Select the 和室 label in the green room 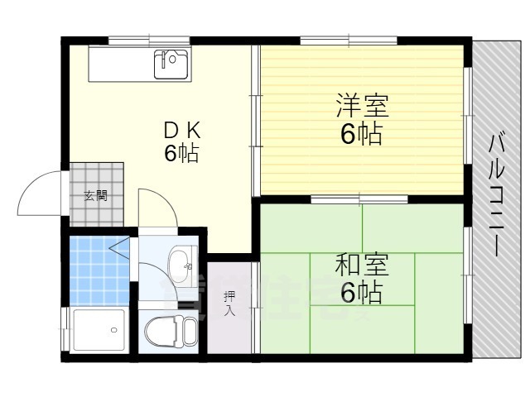click(x=362, y=265)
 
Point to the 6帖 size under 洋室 click(x=362, y=134)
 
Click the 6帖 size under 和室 click(x=362, y=292)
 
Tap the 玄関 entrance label click(x=94, y=196)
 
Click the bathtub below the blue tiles click(x=98, y=330)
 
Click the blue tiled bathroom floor click(x=98, y=270)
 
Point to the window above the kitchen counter click(x=149, y=39)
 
